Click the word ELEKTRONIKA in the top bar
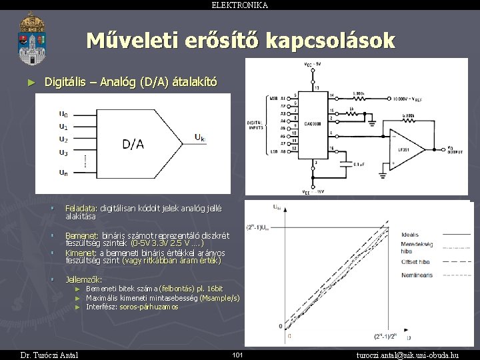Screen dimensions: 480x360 pyautogui.click(x=240, y=5)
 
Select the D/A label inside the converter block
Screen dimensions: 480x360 pyautogui.click(x=133, y=144)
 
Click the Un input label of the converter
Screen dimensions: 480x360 pyautogui.click(x=63, y=173)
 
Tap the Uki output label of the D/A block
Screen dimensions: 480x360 pyautogui.click(x=199, y=138)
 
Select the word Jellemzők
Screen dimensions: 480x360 pyautogui.click(x=83, y=279)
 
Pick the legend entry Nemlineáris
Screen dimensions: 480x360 pyautogui.click(x=418, y=275)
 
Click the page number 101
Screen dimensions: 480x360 pyautogui.click(x=237, y=355)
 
